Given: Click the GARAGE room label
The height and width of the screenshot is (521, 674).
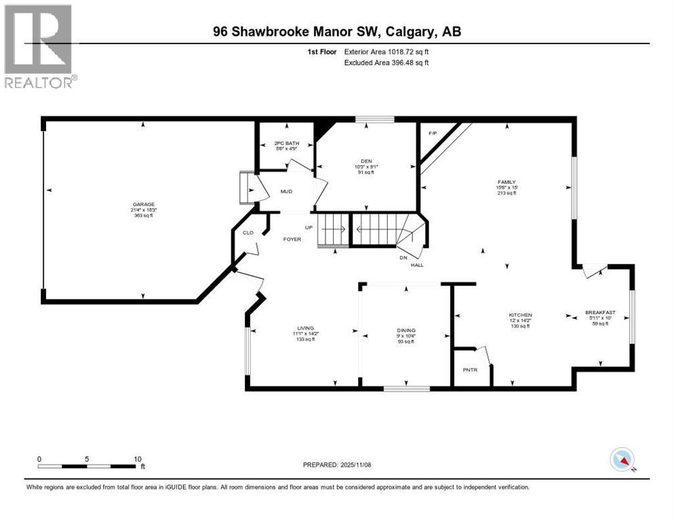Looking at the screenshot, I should click(x=144, y=204).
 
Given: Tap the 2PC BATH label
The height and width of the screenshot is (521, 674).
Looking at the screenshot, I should click(x=287, y=144).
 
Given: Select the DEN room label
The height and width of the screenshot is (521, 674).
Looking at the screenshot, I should click(x=366, y=161).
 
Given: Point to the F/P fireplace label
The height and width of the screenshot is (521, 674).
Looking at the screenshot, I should click(x=432, y=133).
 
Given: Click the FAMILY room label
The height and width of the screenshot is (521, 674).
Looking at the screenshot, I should click(x=506, y=182).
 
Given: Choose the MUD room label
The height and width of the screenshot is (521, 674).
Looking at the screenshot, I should click(x=286, y=191).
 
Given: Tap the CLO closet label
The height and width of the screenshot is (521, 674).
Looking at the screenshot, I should click(x=247, y=233).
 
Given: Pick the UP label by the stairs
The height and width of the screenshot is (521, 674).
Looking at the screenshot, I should click(x=308, y=227).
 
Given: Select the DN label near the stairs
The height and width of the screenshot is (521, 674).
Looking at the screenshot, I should click(x=403, y=258).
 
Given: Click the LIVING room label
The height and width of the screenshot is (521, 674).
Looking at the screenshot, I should click(x=304, y=328).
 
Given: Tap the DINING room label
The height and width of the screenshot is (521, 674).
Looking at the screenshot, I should click(x=406, y=330).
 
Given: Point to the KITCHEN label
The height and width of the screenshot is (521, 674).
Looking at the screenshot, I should click(x=521, y=315).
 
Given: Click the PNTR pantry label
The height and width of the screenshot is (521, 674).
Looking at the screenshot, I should click(x=470, y=370).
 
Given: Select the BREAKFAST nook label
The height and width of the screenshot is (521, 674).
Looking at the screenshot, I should click(x=600, y=313).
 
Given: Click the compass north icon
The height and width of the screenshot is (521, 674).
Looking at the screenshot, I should click(x=621, y=459).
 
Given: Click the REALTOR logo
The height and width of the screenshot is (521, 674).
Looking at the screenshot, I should click(x=39, y=47).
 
